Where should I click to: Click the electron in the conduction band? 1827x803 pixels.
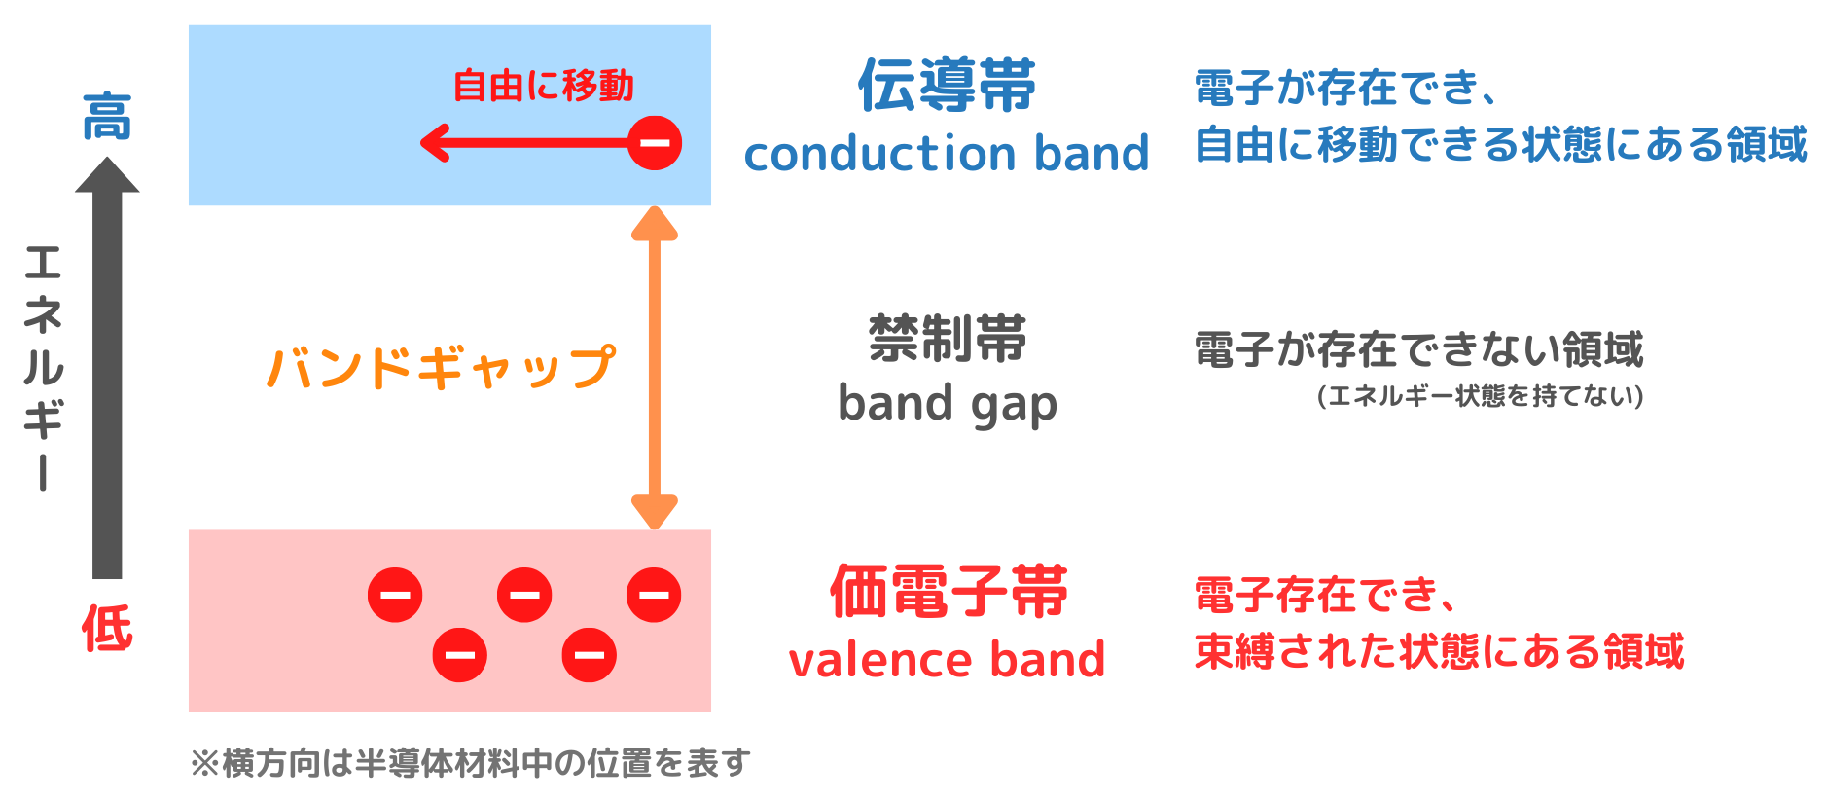pos(655,143)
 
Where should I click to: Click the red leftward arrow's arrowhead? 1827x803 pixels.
pos(434,143)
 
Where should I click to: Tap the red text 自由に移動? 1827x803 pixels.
pos(543,86)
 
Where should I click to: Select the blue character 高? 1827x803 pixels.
pos(106,118)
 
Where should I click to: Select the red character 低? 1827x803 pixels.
pos(106,628)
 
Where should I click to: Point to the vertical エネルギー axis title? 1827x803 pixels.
pos(43,367)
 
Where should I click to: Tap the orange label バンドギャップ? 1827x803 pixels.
pos(441,368)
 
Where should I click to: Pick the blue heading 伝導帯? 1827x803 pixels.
pos(947,86)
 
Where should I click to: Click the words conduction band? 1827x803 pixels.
pos(947,154)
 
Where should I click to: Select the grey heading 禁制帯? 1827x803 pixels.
pos(947,339)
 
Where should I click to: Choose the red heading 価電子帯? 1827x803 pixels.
pos(948,592)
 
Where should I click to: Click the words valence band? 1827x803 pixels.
pos(947,660)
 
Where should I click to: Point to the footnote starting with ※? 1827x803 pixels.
pos(470,763)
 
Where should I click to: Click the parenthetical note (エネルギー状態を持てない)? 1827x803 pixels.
pos(1480,396)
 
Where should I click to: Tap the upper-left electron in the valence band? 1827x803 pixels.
pos(395,595)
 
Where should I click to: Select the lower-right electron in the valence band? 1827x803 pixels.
pos(589,654)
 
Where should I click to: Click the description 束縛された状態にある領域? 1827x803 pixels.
pos(1439,651)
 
